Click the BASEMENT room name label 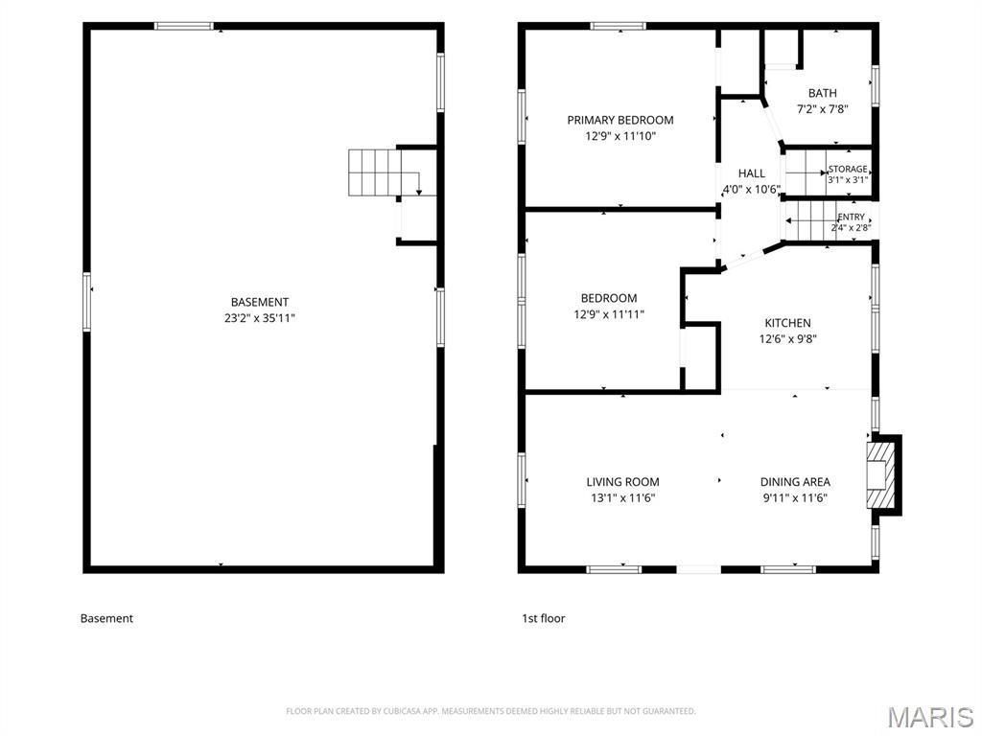click(x=259, y=302)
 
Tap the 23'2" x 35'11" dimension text click(x=259, y=318)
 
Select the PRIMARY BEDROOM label click(x=620, y=120)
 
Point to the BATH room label click(x=822, y=93)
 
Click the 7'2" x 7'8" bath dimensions click(x=822, y=109)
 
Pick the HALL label click(x=752, y=173)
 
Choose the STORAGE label click(x=848, y=169)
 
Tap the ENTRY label click(x=852, y=217)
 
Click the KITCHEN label click(x=788, y=323)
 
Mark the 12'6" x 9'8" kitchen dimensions click(x=788, y=339)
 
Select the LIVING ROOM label click(x=622, y=482)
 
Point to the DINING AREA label click(x=795, y=482)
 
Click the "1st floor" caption click(x=544, y=618)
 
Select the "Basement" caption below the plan click(x=106, y=618)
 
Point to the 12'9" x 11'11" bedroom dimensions click(x=609, y=314)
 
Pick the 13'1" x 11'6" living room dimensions click(x=622, y=498)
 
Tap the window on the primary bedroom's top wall click(x=619, y=26)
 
